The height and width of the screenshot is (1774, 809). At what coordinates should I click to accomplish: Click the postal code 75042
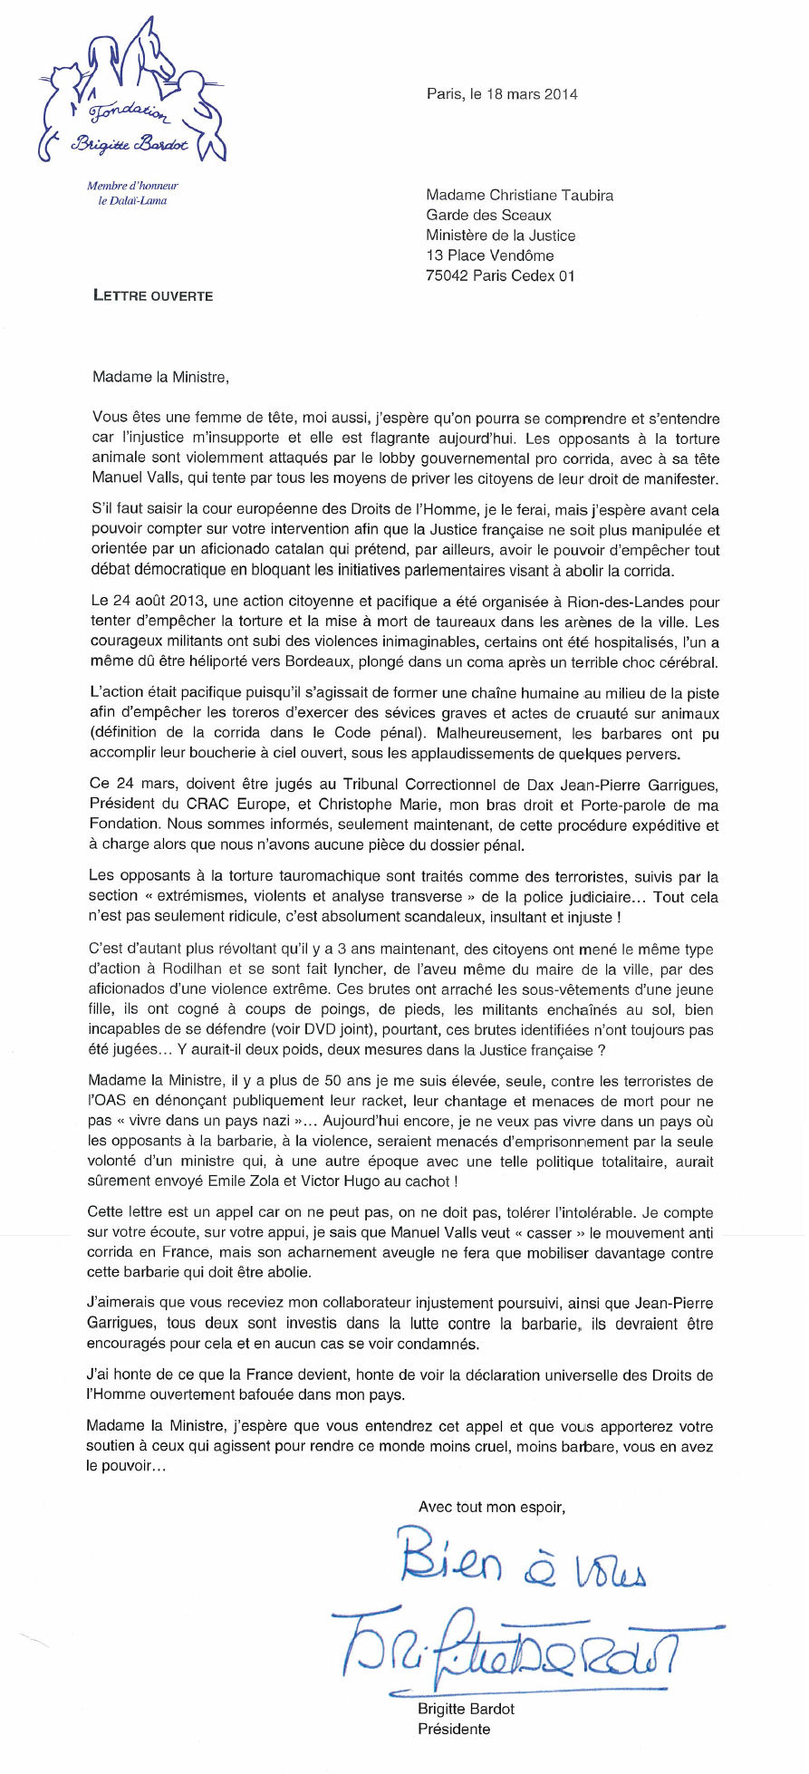point(447,275)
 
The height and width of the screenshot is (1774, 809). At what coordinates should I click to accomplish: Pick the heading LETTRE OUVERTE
point(153,295)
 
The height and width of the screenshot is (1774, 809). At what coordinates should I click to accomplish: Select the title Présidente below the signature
point(454,1729)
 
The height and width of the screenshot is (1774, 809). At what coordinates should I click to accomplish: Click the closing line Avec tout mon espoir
point(491,1508)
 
